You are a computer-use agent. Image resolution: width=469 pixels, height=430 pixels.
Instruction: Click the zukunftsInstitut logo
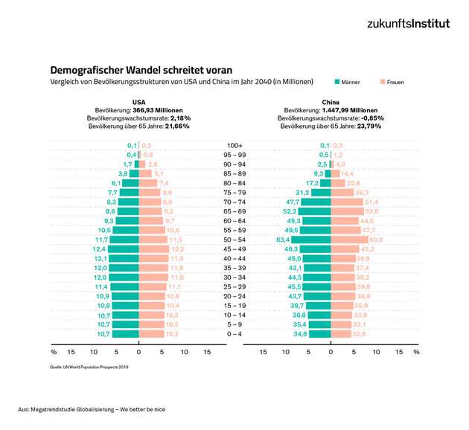[408, 23]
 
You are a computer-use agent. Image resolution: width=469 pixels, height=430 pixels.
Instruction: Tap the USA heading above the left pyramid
[139, 101]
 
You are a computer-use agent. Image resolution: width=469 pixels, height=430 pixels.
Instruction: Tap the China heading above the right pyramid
[331, 101]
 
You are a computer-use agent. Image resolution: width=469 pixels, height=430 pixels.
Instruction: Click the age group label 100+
[235, 145]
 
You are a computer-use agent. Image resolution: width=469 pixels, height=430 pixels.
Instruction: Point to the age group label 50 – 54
[235, 240]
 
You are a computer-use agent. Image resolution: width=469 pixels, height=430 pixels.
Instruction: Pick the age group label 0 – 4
[235, 334]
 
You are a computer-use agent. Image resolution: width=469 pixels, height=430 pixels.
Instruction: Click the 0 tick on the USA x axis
[139, 351]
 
